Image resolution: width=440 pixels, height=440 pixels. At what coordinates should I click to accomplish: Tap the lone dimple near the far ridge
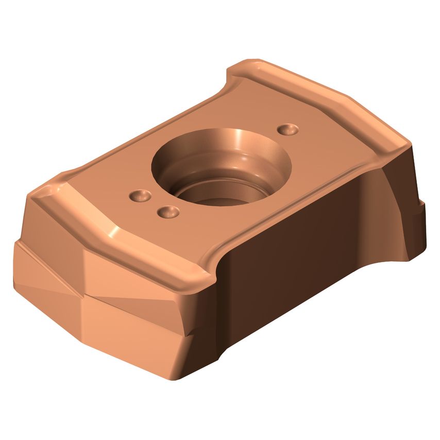(287, 129)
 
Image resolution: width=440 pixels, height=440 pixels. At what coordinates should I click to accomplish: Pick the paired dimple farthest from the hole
(140, 196)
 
